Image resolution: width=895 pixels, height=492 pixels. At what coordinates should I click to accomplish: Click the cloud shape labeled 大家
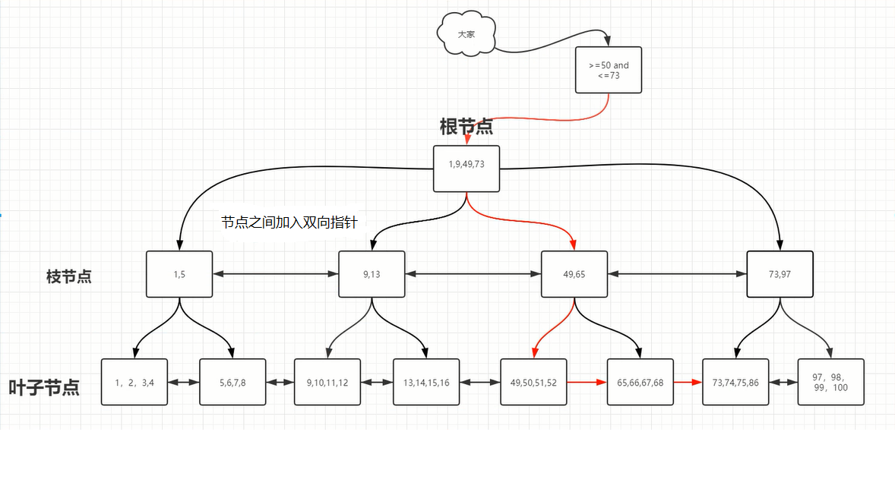[x=466, y=35]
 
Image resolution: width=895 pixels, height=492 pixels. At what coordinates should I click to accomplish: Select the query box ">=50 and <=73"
[x=609, y=71]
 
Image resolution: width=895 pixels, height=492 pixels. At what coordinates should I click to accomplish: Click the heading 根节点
[x=466, y=126]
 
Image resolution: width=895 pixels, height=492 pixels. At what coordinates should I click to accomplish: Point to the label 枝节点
[x=69, y=276]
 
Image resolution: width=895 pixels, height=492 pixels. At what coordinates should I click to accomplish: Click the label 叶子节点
[x=44, y=387]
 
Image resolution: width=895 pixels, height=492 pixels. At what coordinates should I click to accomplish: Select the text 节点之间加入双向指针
[x=289, y=222]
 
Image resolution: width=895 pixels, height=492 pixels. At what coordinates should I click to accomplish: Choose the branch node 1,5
[x=179, y=274]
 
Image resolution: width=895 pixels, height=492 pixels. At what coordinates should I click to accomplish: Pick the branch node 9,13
[x=372, y=274]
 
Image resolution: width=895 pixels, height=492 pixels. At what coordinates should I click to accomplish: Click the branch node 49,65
[x=574, y=274]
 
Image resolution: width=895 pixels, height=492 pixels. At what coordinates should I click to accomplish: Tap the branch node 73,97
[x=780, y=274]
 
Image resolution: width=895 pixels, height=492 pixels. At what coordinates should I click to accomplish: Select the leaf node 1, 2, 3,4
[x=134, y=382]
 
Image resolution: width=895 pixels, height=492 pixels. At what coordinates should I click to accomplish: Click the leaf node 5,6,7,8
[x=232, y=382]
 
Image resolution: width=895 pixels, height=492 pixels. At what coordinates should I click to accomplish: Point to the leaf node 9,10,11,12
[x=327, y=382]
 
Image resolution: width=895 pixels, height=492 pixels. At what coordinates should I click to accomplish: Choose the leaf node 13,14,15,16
[x=426, y=382]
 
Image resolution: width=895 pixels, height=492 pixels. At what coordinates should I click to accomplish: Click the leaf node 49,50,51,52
[x=533, y=382]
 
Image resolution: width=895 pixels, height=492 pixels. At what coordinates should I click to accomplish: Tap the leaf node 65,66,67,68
[x=640, y=382]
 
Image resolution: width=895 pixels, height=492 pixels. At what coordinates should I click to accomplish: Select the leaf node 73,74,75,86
[x=735, y=382]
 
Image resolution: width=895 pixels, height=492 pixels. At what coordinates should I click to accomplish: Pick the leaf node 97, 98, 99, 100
[x=830, y=382]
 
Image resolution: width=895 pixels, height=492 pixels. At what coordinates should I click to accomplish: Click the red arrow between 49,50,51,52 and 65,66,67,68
[x=587, y=383]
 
